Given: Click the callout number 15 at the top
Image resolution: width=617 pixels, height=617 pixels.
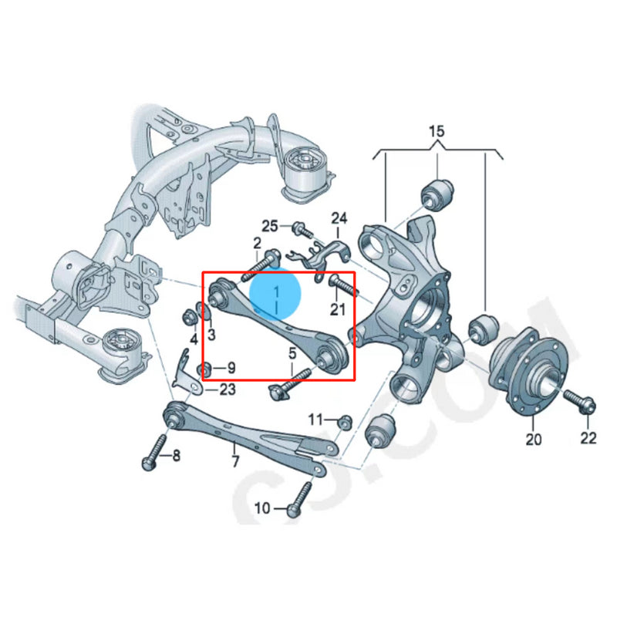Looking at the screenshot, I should pyautogui.click(x=437, y=132).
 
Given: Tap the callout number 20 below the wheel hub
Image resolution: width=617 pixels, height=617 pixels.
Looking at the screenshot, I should pyautogui.click(x=534, y=440).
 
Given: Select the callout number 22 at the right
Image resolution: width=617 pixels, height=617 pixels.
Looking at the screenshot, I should pyautogui.click(x=588, y=438).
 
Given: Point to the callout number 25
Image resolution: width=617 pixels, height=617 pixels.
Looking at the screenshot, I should pyautogui.click(x=269, y=226).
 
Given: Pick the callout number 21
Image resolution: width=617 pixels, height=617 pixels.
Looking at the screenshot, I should pyautogui.click(x=337, y=309).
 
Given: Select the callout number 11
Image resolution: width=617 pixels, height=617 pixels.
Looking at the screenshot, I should pyautogui.click(x=315, y=419).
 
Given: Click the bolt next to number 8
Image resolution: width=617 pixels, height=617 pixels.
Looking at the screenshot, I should pyautogui.click(x=154, y=450).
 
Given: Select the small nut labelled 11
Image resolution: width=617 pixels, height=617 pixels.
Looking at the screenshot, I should pyautogui.click(x=345, y=421).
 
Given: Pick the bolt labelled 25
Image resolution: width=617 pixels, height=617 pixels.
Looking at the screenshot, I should pyautogui.click(x=300, y=229).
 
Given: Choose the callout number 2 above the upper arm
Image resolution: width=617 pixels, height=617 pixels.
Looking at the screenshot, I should pyautogui.click(x=257, y=243).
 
